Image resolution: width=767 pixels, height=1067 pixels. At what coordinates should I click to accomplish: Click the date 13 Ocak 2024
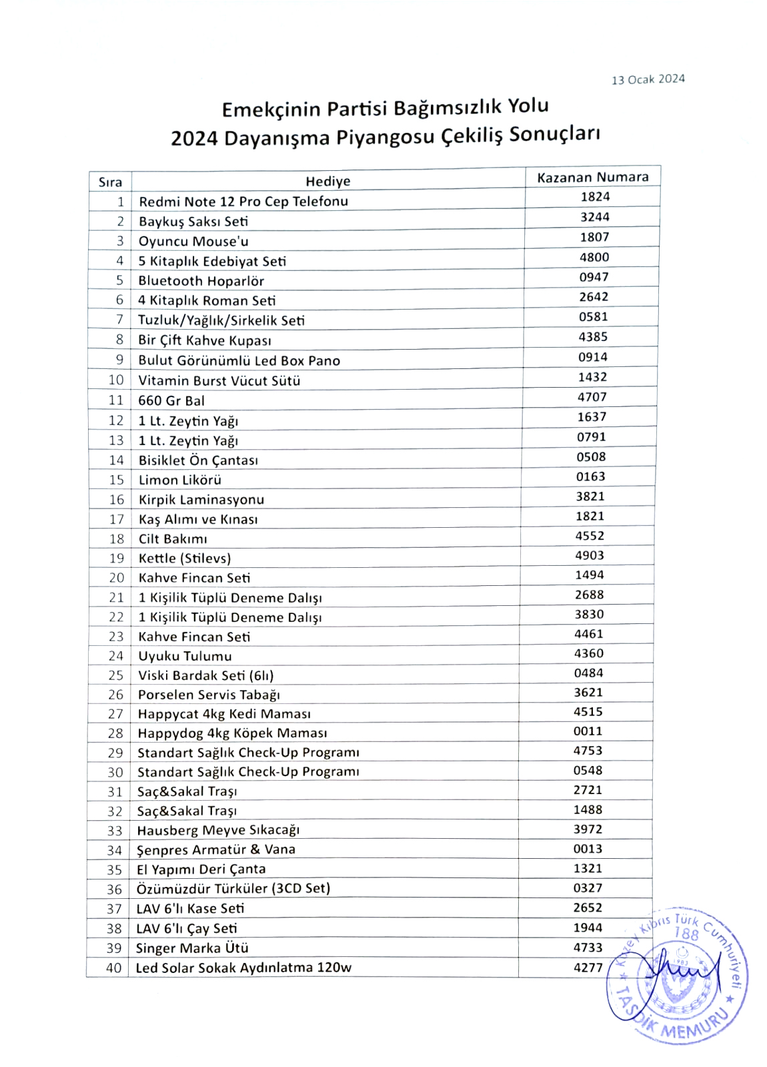(648, 79)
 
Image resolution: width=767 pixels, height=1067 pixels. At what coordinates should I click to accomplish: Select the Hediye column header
(327, 181)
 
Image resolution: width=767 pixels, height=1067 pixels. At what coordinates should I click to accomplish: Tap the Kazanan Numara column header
(592, 177)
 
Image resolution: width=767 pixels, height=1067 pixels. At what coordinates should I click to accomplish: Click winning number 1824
(595, 196)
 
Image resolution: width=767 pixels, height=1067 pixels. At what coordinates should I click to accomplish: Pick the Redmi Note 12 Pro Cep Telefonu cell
(243, 201)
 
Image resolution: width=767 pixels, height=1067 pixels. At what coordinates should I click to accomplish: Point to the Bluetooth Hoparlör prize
(201, 281)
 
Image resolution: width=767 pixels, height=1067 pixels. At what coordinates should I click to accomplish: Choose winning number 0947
(594, 277)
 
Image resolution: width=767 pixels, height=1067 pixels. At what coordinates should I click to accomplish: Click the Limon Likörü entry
(180, 480)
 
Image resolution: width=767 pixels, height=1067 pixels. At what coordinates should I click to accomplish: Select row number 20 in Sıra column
(116, 578)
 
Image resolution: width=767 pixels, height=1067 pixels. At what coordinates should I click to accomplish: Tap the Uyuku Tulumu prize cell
(185, 656)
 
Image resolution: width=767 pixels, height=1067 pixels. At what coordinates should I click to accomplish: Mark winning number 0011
(588, 731)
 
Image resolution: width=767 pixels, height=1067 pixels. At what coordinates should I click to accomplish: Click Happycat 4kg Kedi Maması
(224, 714)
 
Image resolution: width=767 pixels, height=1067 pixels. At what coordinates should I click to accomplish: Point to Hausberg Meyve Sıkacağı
(218, 830)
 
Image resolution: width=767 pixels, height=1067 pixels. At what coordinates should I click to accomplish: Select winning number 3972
(588, 829)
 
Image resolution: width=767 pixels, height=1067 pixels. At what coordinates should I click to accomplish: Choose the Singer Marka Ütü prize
(192, 948)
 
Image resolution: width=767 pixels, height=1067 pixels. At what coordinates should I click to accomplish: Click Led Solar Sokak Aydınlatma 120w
(243, 968)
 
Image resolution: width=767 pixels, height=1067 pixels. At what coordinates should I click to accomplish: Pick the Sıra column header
(110, 182)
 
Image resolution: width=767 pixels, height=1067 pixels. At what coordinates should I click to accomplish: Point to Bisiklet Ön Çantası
(198, 460)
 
